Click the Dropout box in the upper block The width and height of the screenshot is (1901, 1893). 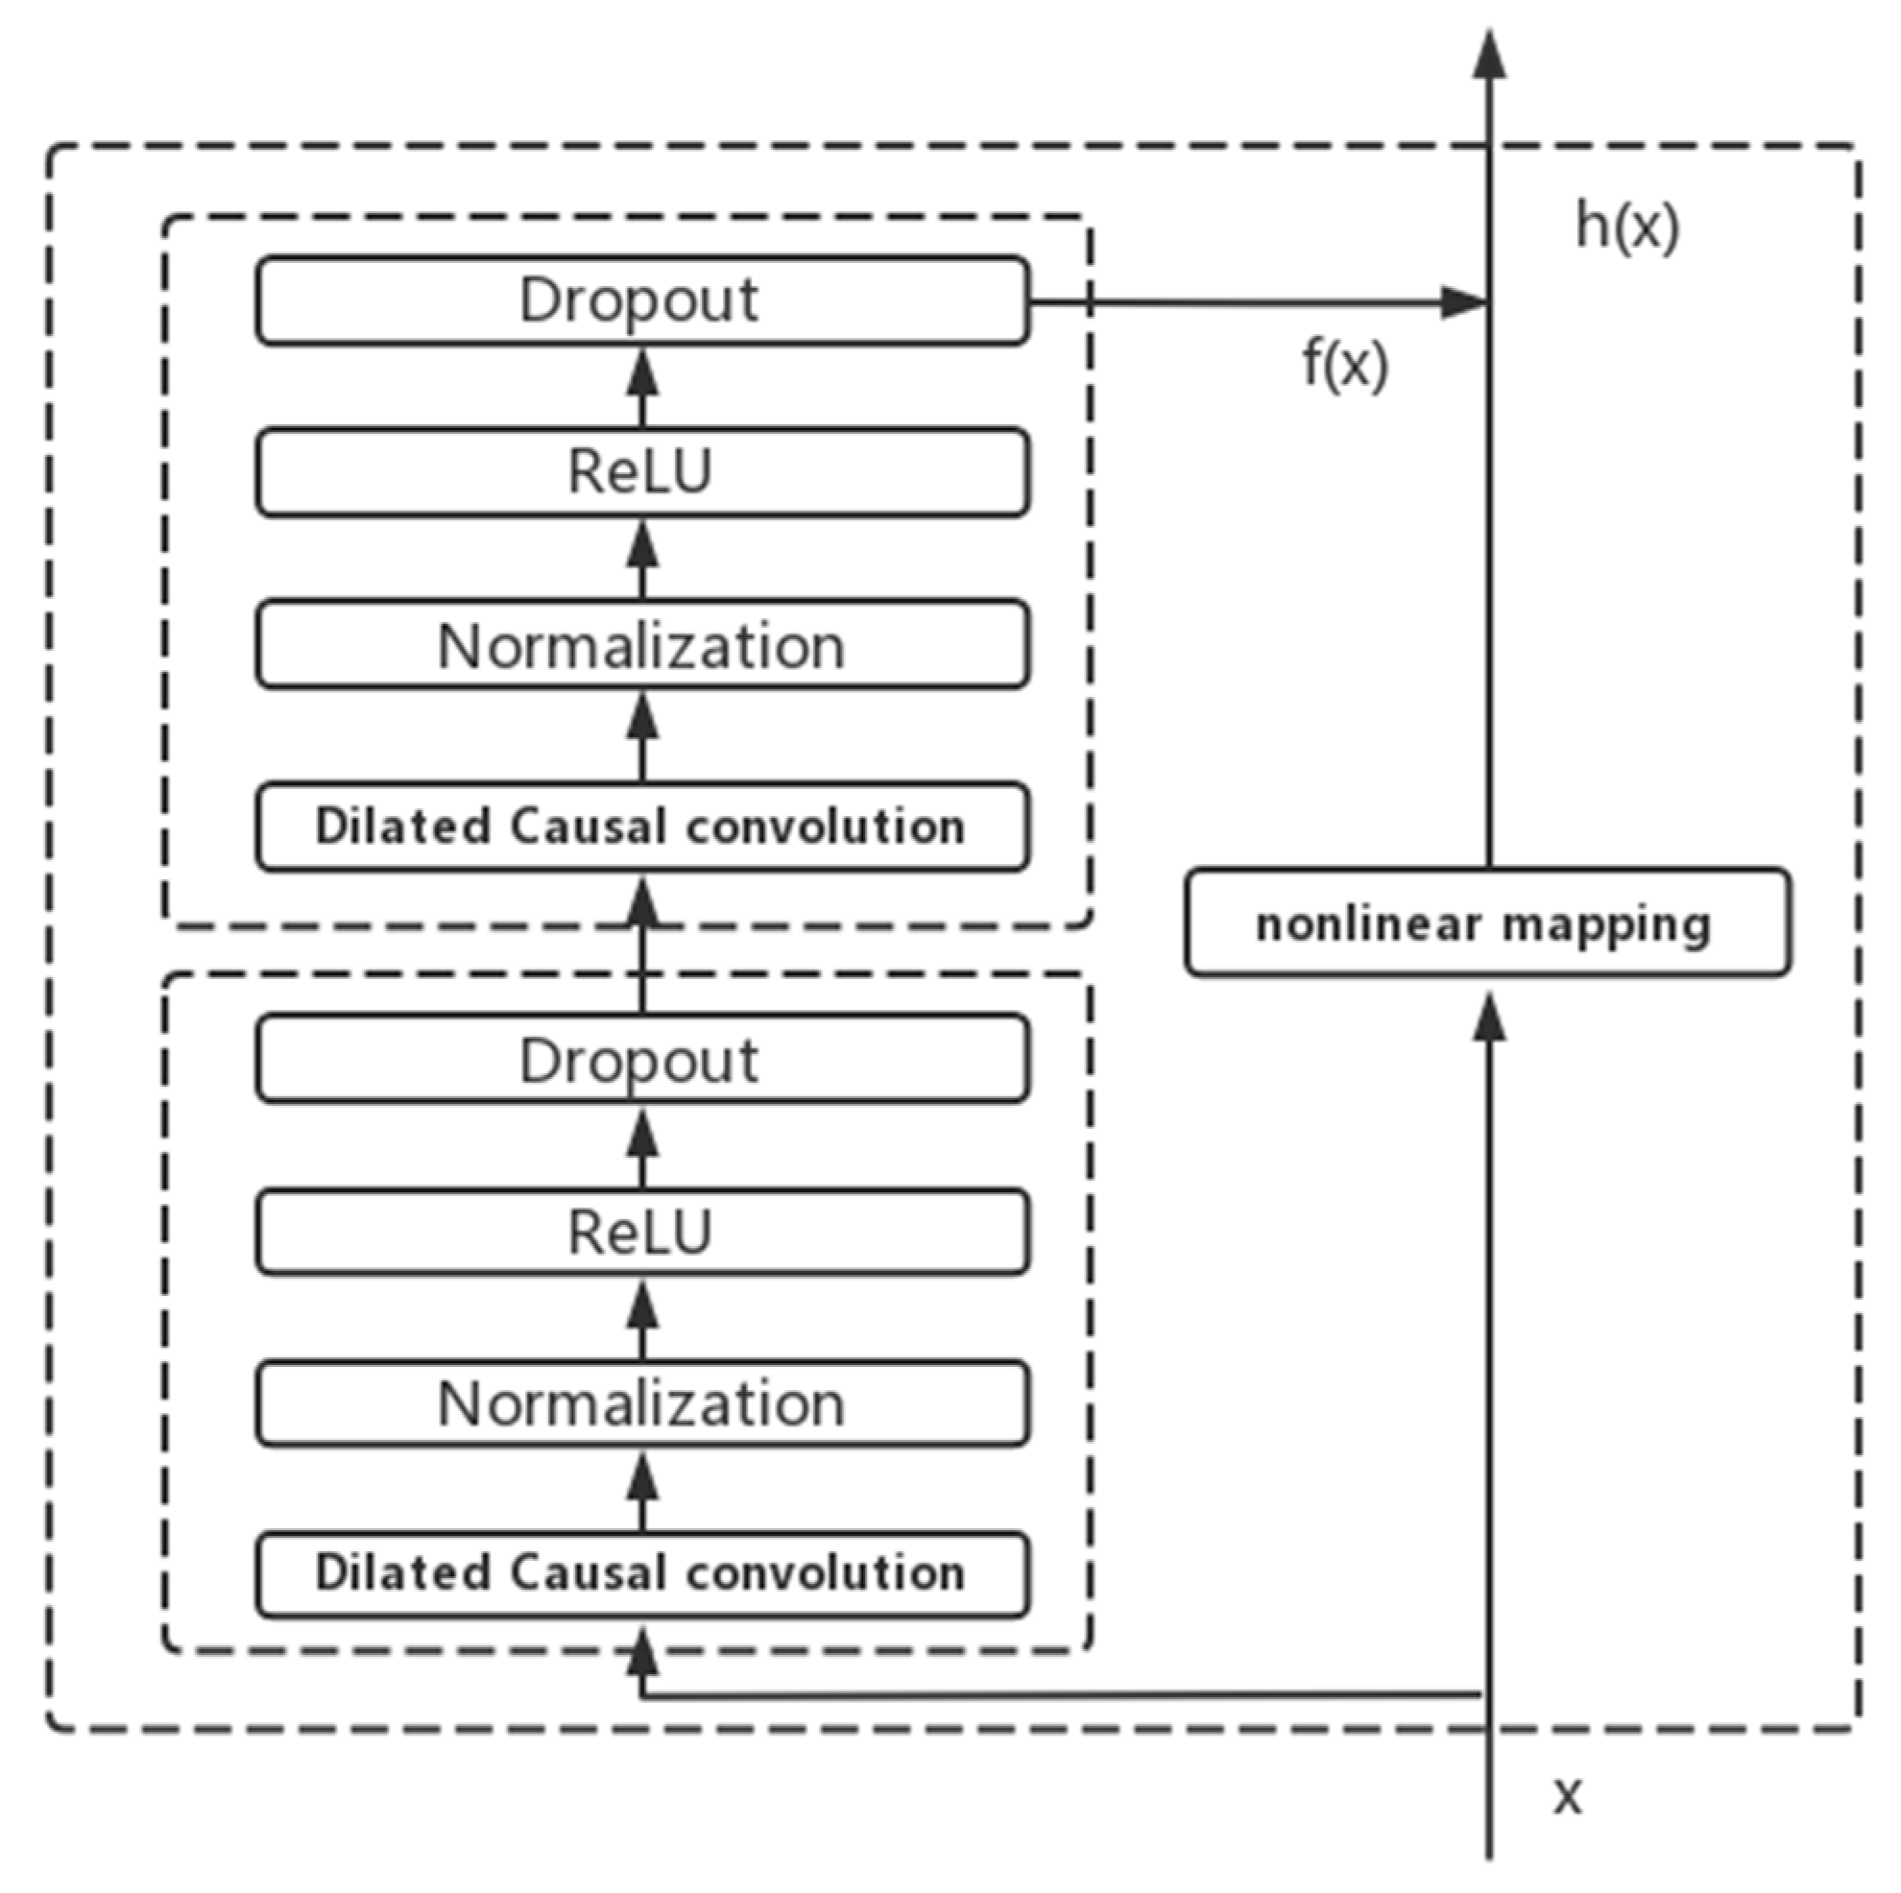(642, 300)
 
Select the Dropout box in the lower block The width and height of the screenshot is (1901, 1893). (642, 1061)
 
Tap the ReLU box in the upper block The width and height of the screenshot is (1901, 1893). (642, 472)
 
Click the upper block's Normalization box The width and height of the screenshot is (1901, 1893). (642, 645)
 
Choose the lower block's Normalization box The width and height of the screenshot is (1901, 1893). (642, 1403)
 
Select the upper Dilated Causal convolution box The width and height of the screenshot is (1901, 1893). (642, 827)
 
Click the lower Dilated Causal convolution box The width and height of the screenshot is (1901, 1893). (642, 1573)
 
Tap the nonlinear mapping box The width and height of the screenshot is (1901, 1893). (1488, 923)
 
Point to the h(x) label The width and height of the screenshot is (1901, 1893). (1626, 227)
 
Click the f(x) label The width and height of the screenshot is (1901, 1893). (1344, 364)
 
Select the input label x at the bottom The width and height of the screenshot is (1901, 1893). (1568, 1796)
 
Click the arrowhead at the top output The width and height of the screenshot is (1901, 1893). (1489, 54)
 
